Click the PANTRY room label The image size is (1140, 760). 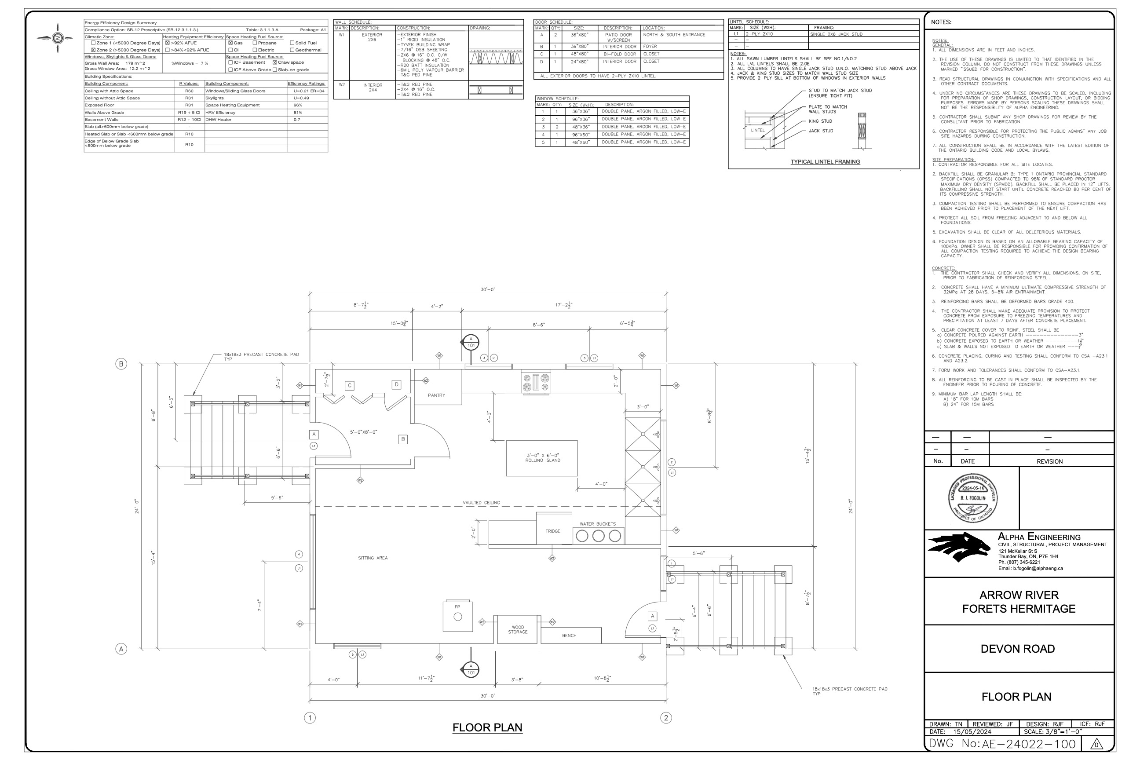tap(436, 395)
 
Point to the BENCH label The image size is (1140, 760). tap(569, 636)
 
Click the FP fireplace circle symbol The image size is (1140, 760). tap(457, 617)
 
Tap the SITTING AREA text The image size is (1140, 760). tap(373, 558)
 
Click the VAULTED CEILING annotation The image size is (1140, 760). tap(481, 503)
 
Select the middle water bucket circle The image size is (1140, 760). tap(598, 536)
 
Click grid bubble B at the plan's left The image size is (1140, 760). tap(121, 364)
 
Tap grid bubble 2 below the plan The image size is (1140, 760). tap(666, 718)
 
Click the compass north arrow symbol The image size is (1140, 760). tap(58, 38)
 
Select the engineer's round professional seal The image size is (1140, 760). tap(973, 498)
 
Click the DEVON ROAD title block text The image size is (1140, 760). tap(1017, 649)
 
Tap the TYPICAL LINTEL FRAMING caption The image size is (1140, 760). tap(825, 162)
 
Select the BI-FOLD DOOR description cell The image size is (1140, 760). tap(619, 54)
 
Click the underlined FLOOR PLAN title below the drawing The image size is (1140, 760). tap(487, 727)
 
